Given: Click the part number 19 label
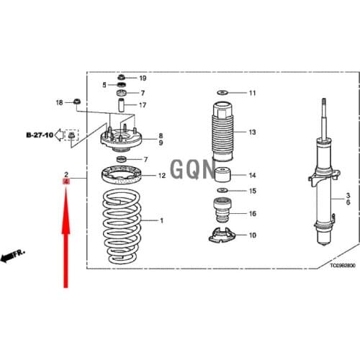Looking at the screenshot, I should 143,78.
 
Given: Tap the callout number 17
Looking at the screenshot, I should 143,105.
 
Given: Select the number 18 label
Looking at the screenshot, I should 60,103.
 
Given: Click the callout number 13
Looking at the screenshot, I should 252,132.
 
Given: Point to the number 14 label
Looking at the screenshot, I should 252,176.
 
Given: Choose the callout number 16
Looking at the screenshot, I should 252,214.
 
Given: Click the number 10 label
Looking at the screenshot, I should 252,235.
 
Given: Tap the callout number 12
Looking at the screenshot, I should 162,176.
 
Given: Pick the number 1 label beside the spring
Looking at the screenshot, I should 162,220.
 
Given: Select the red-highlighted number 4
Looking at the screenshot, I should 66,184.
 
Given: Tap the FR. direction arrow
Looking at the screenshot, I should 13,256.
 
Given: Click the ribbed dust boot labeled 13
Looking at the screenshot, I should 220,133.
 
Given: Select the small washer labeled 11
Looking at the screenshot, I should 221,93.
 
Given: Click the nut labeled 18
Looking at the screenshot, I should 77,102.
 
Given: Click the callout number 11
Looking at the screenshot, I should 252,94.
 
